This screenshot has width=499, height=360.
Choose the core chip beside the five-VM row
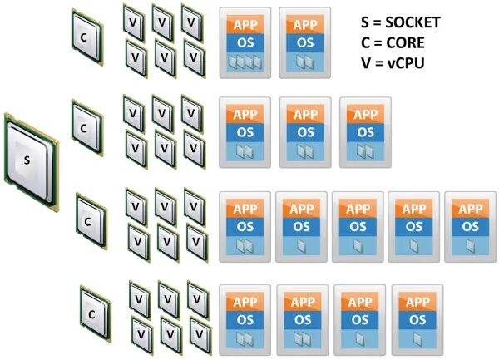(89, 221)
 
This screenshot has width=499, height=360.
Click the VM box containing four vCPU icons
(245, 42)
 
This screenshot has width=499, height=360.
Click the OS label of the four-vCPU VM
(245, 41)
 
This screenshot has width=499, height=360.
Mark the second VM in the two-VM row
(305, 42)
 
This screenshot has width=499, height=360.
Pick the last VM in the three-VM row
(365, 131)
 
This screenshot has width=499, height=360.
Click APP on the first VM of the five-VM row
(245, 208)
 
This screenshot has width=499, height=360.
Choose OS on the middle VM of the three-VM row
(305, 131)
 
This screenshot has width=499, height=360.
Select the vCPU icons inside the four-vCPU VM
(245, 62)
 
